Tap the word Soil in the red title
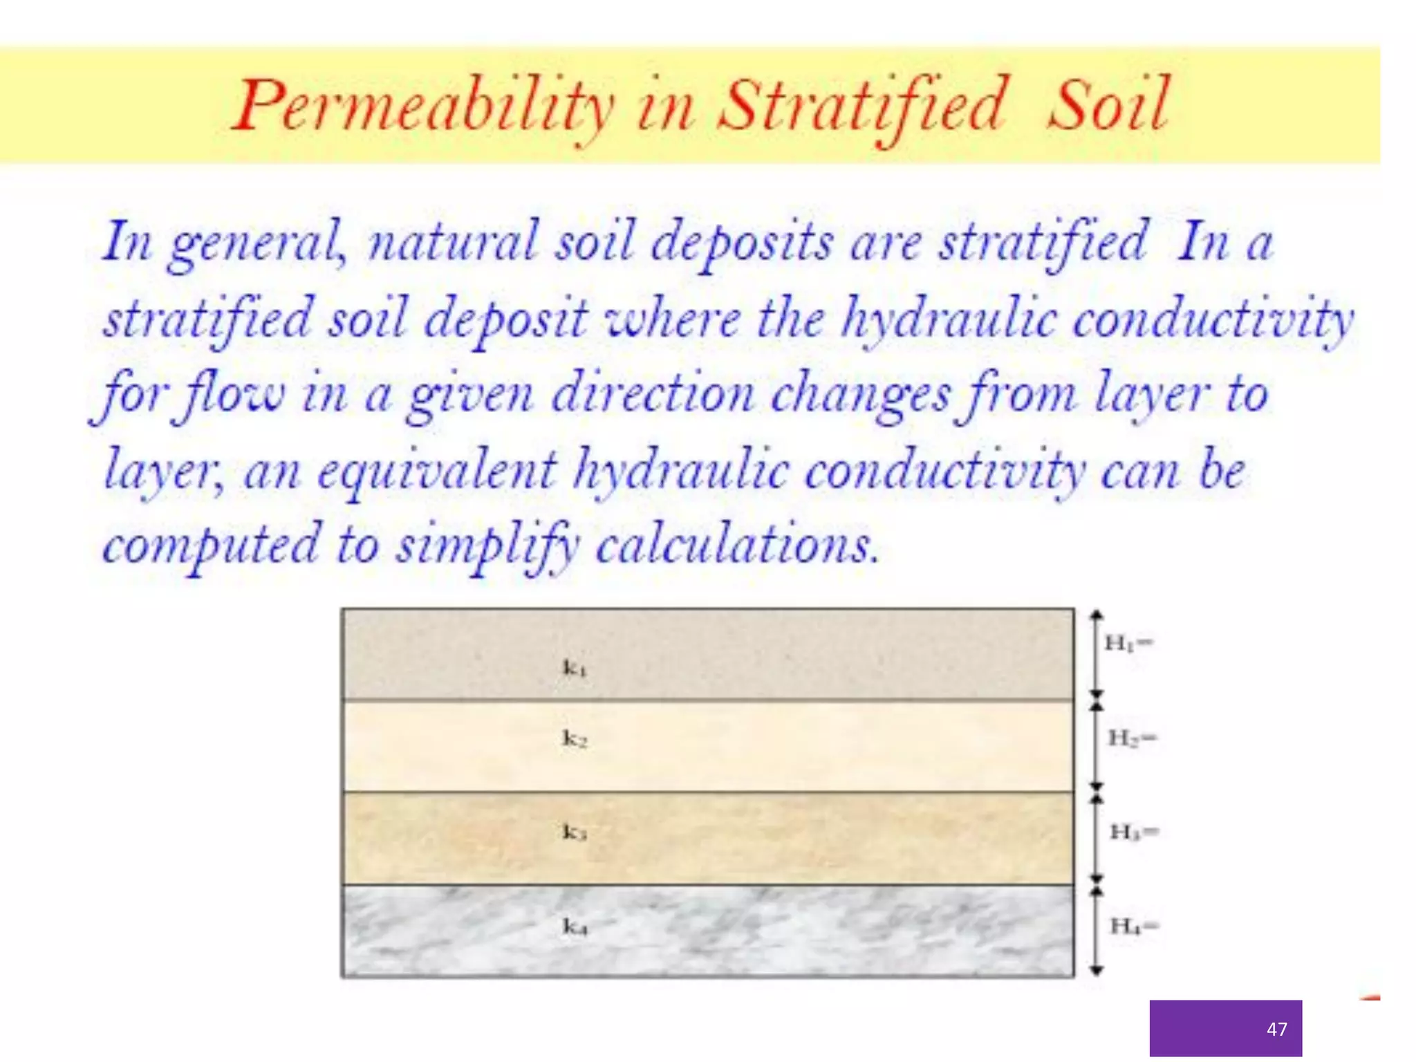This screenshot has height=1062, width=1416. point(1108,105)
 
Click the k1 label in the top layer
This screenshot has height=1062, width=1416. point(575,668)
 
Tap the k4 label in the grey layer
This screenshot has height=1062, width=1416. point(575,926)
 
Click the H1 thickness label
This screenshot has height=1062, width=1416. point(1128,644)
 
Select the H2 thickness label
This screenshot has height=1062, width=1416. point(1131,738)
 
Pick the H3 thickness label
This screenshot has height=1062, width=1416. point(1133,831)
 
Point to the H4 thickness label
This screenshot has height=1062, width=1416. point(1133,925)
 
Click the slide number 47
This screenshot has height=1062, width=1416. point(1276,1029)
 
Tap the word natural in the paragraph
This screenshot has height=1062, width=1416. point(453,242)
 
